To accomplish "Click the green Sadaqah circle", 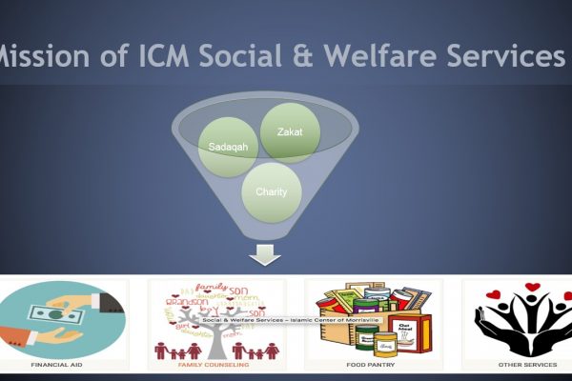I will click(x=229, y=149).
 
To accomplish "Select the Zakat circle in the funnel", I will click(x=290, y=132).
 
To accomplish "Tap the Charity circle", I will click(x=273, y=191).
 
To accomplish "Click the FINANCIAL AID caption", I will click(x=54, y=364).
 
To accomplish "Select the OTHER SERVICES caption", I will click(x=522, y=364).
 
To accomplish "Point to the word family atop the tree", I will click(x=211, y=287).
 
